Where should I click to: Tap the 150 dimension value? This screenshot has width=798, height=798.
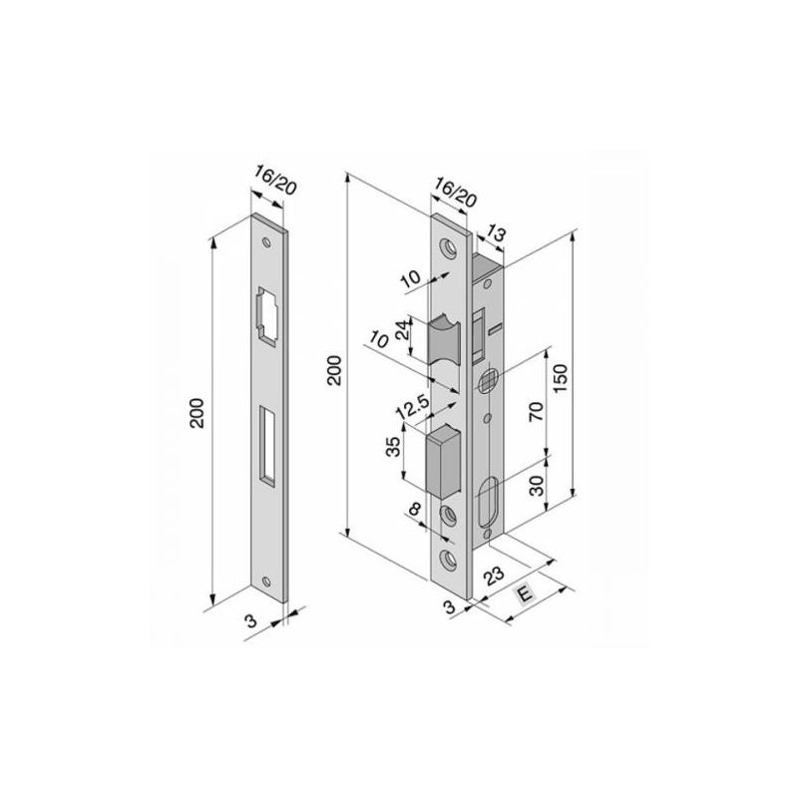coord(560,378)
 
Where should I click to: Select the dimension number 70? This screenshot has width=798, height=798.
coord(537,411)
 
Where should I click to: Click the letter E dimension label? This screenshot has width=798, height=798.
coord(525,594)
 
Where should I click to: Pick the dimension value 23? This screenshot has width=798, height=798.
coord(493,577)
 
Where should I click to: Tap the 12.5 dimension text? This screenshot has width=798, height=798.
coord(413,408)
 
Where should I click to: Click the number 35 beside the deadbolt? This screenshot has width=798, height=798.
coord(393,446)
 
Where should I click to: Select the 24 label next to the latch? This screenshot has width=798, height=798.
coord(403,330)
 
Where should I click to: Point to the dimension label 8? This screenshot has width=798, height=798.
coord(415,509)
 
